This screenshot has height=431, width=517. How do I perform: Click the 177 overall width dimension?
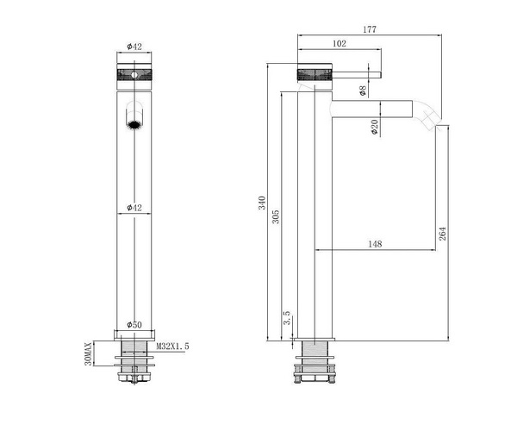tap(370, 29)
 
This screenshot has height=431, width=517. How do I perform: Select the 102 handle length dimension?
tap(339, 43)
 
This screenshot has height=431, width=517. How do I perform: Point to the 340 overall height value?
tap(262, 203)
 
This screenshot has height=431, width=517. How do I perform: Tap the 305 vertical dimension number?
tap(276, 216)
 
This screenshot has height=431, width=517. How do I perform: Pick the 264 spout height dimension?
tap(443, 234)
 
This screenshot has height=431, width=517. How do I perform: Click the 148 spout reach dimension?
tap(375, 244)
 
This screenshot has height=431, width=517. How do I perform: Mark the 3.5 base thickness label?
tap(287, 317)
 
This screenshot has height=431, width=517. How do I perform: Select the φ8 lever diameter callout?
tap(363, 91)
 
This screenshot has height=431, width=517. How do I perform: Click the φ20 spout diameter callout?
tap(374, 127)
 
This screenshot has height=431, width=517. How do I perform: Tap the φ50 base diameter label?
tap(134, 325)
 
